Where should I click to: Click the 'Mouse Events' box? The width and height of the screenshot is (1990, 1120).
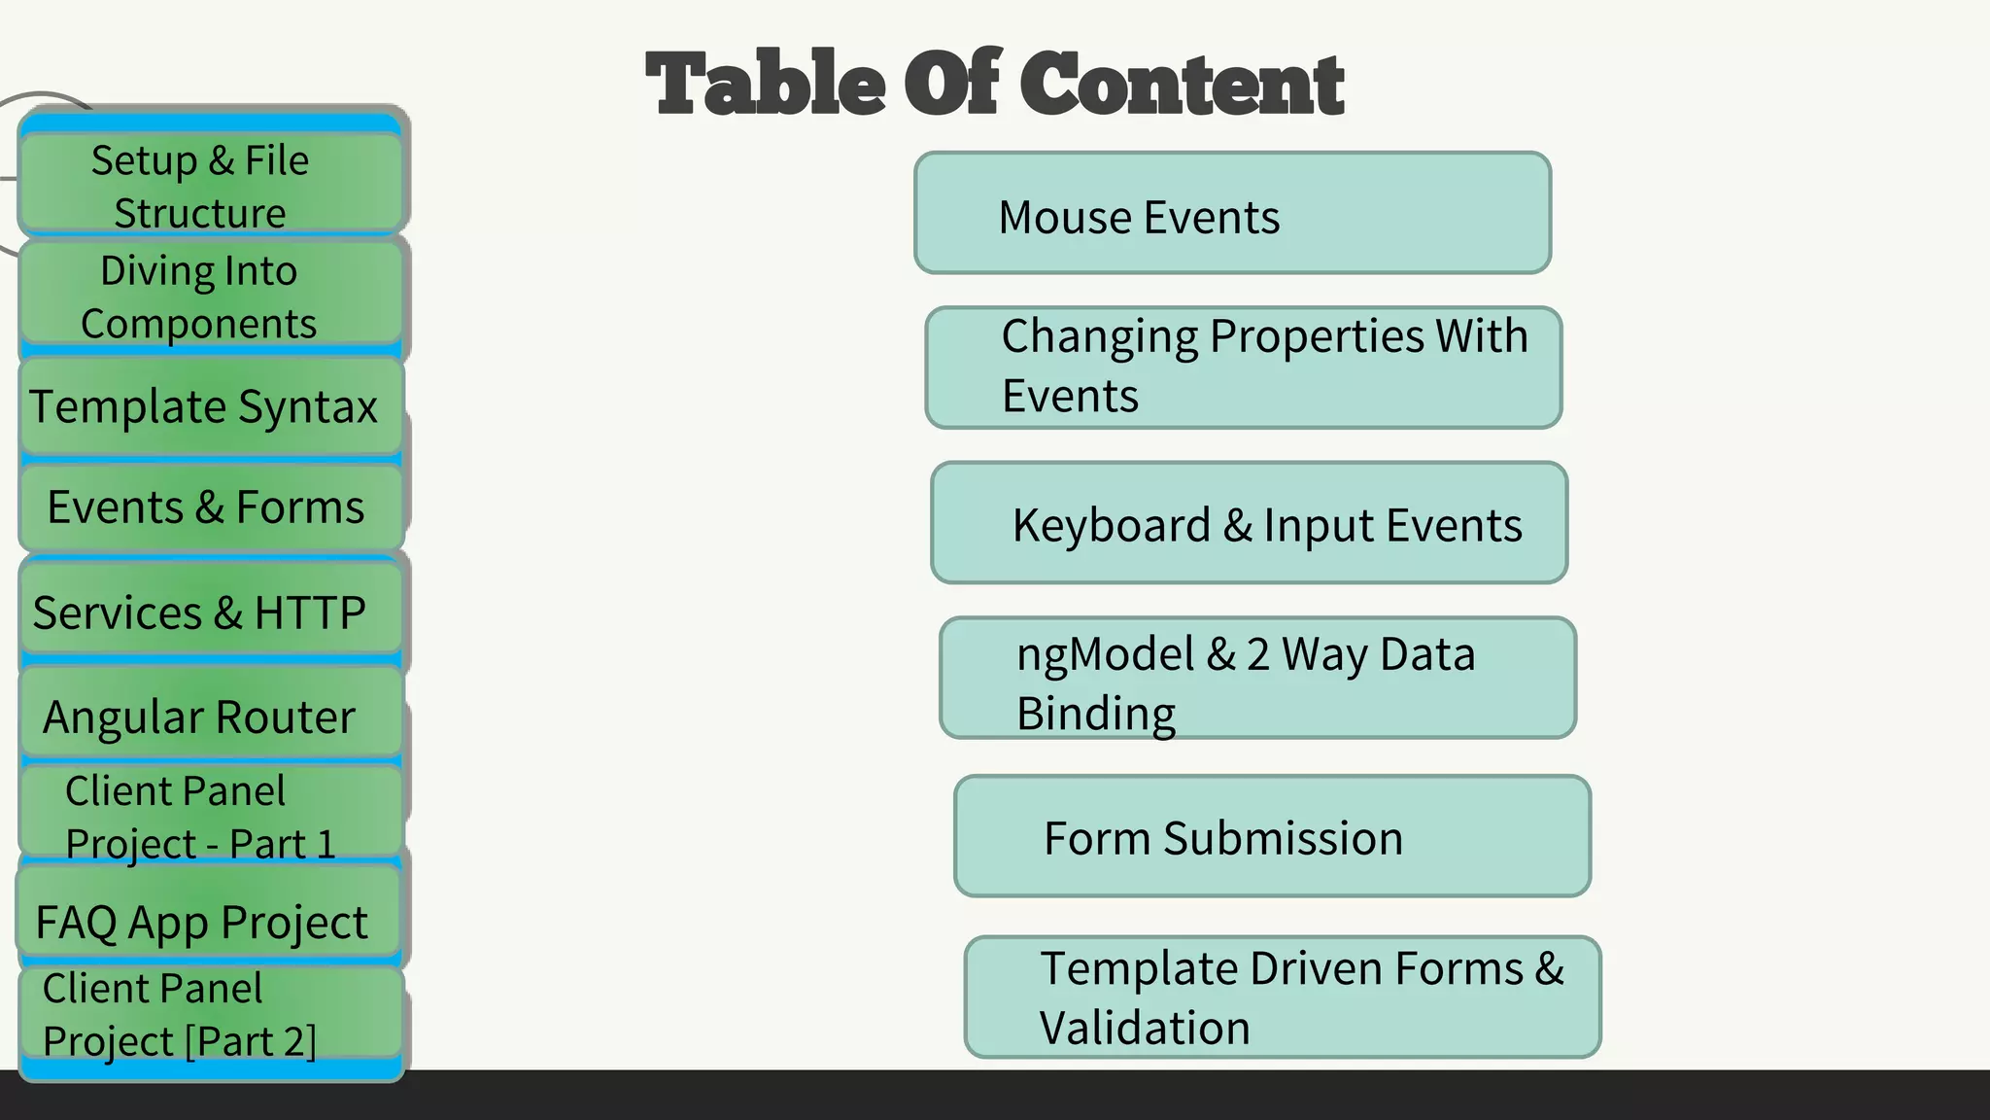pyautogui.click(x=1232, y=213)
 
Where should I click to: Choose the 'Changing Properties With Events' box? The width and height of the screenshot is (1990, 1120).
pyautogui.click(x=1244, y=367)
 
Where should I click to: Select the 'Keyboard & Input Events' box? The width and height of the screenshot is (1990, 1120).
pyautogui.click(x=1250, y=523)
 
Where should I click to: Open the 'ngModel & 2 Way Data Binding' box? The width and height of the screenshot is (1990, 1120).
pyautogui.click(x=1257, y=679)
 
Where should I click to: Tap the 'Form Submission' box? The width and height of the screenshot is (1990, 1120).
pyautogui.click(x=1272, y=836)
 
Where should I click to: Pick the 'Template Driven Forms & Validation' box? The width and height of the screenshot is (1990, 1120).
pyautogui.click(x=1283, y=997)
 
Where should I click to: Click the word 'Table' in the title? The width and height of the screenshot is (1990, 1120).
pyautogui.click(x=765, y=84)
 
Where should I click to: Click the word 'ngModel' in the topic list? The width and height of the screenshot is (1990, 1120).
pyautogui.click(x=1105, y=655)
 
